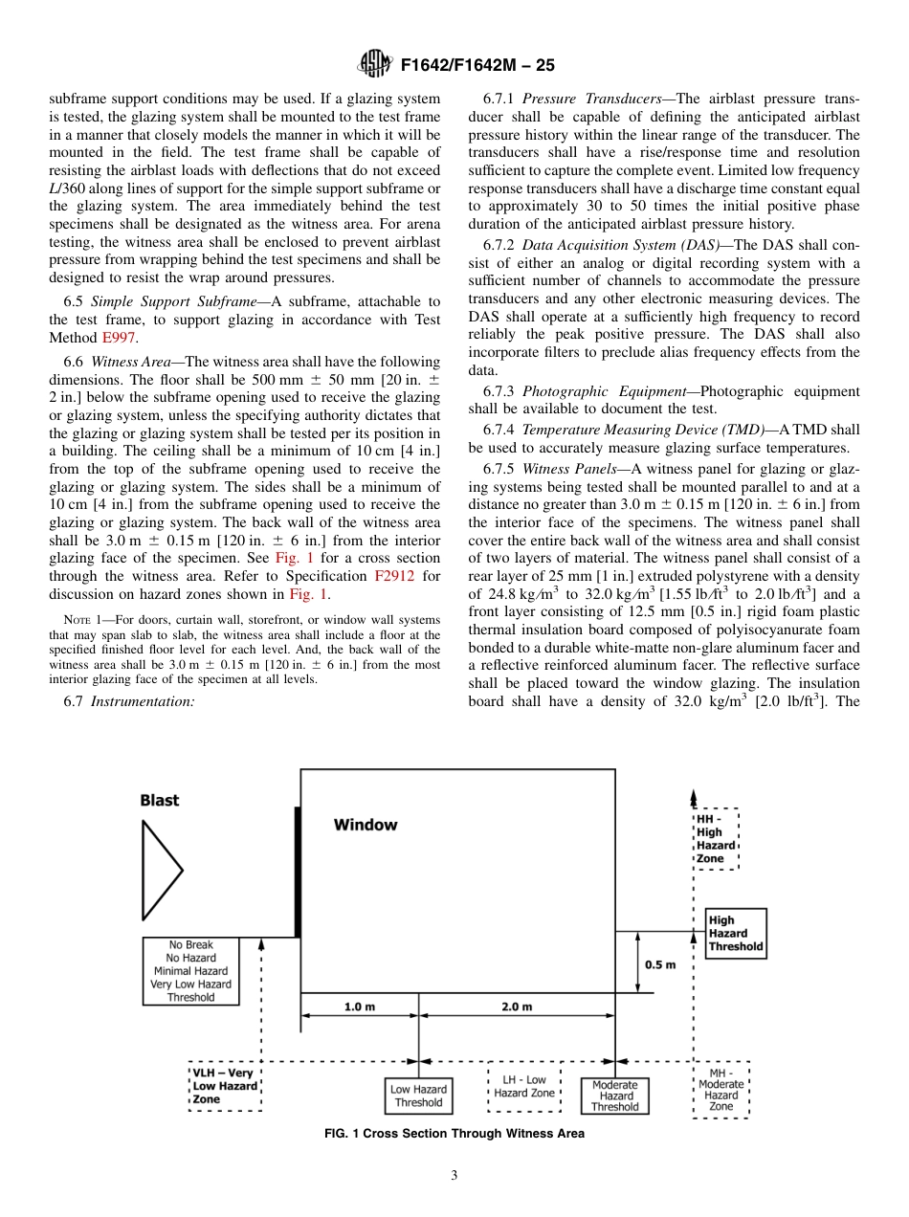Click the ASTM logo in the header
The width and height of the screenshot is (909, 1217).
(x=374, y=65)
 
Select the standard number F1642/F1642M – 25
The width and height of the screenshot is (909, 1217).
(x=477, y=66)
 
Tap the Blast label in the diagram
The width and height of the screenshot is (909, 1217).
(x=160, y=800)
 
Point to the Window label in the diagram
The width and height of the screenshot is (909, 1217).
(x=365, y=824)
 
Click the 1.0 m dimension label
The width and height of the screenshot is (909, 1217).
(x=359, y=1007)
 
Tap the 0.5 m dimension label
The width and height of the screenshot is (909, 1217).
(x=660, y=964)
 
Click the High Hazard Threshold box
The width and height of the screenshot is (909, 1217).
(x=735, y=933)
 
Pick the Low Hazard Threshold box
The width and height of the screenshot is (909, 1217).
(x=418, y=1095)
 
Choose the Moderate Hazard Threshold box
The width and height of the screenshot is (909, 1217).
(x=614, y=1095)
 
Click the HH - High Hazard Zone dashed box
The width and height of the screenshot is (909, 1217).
(x=716, y=839)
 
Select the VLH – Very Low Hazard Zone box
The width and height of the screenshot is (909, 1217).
(x=226, y=1086)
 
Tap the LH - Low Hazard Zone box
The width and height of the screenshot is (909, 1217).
(x=524, y=1086)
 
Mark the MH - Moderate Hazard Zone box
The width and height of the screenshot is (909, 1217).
(x=721, y=1089)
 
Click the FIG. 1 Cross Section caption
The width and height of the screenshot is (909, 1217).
(x=454, y=1134)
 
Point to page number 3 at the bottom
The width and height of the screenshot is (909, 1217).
(x=454, y=1176)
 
